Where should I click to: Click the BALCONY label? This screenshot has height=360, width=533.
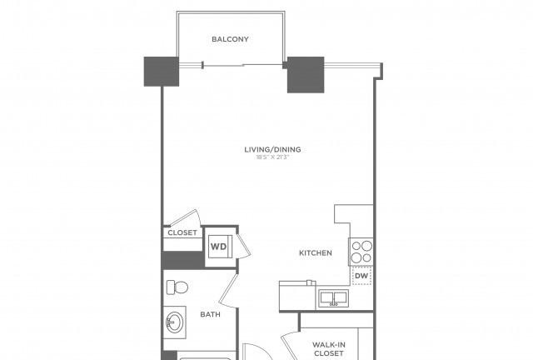(230, 39)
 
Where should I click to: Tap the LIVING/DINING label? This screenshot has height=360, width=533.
(272, 149)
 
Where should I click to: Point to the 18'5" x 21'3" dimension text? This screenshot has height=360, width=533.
(272, 157)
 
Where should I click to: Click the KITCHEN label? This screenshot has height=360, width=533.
(316, 252)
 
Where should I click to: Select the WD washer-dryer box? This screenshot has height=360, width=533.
(220, 247)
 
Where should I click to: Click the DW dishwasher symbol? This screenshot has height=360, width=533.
(361, 276)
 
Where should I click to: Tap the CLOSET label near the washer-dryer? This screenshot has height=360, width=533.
(182, 232)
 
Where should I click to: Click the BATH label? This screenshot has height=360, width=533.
(211, 314)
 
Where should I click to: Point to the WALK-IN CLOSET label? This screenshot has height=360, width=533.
(329, 349)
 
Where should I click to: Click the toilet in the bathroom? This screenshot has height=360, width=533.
(177, 287)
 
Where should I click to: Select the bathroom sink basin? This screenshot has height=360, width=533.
(175, 322)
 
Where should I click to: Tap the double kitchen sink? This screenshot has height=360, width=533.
(334, 298)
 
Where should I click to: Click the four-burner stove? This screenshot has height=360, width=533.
(361, 252)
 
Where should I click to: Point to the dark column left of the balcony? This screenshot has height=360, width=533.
(162, 72)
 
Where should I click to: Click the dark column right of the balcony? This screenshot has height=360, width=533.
(306, 74)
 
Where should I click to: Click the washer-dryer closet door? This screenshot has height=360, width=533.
(244, 246)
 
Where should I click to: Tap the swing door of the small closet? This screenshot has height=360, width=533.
(184, 217)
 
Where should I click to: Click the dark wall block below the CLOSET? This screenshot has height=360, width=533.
(183, 260)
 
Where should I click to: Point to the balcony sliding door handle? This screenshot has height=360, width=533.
(203, 65)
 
